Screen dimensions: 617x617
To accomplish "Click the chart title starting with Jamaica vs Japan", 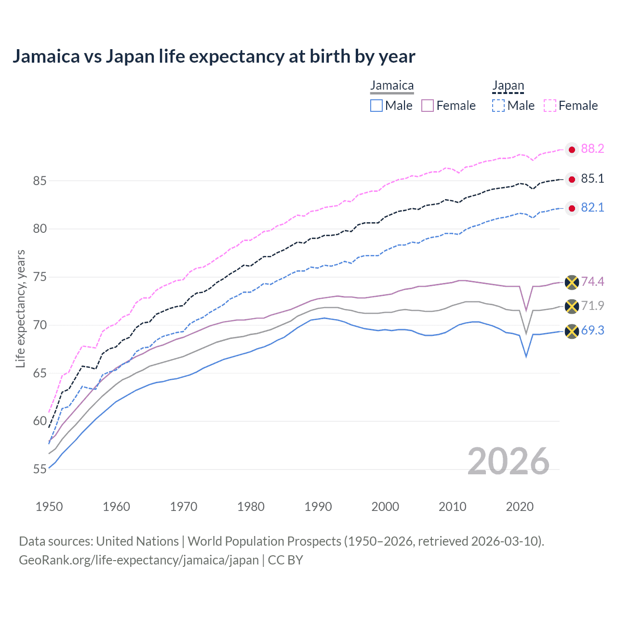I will (x=214, y=56).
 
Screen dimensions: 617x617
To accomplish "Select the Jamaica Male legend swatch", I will (x=376, y=106).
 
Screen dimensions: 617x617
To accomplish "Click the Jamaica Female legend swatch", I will (x=428, y=106).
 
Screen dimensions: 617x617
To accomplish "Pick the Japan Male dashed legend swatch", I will (x=498, y=106).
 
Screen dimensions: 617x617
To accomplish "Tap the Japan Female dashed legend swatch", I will (x=550, y=106).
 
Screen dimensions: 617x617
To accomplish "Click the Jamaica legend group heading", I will (x=392, y=86).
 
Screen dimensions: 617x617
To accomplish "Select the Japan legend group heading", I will (x=508, y=86).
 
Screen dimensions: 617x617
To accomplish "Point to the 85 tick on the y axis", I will (x=40, y=181).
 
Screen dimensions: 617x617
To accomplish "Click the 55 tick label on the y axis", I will (x=40, y=469).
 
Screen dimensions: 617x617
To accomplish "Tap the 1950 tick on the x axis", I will (x=49, y=507).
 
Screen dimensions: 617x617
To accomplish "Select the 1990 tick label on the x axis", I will (x=318, y=507).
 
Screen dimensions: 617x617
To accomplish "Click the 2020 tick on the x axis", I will (x=520, y=507).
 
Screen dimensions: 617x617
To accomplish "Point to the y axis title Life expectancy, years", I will (x=20, y=308).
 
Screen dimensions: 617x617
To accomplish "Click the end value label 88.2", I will (x=592, y=149).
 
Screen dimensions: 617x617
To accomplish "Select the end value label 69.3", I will (x=592, y=331).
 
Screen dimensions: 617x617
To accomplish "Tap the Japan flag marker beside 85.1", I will (x=572, y=179).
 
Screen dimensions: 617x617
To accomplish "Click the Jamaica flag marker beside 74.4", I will (x=572, y=282).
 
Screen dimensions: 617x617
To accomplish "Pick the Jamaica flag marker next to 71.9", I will (x=572, y=306).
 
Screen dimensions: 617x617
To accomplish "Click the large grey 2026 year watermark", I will (x=509, y=461).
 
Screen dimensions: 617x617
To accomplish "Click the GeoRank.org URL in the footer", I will (x=139, y=560).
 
